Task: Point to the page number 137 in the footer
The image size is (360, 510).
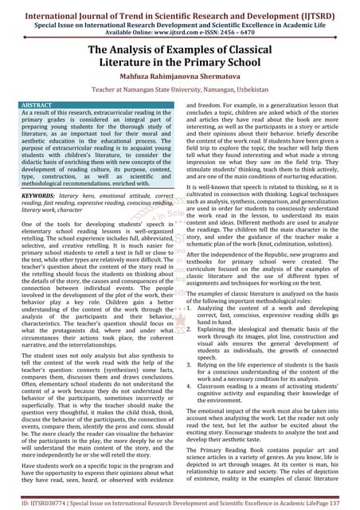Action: [347, 504]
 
